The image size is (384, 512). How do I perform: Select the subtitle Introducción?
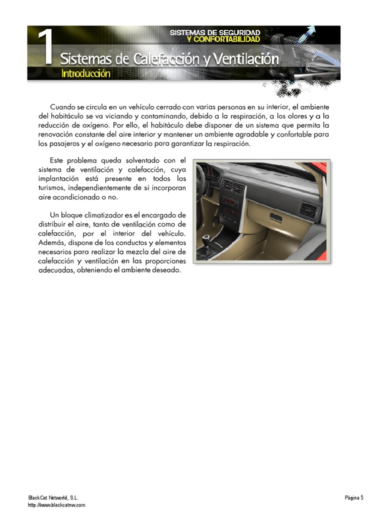tap(85, 73)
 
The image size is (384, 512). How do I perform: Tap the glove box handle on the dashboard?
tap(275, 217)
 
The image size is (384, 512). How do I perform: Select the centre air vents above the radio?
tap(233, 186)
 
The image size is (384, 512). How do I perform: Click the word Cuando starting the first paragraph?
tap(63, 107)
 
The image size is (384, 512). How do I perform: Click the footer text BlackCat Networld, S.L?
tap(53, 498)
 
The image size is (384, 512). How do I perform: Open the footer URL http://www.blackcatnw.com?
tap(56, 505)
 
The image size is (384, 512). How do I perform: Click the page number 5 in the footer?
tap(361, 497)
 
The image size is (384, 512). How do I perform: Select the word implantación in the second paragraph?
tap(58, 178)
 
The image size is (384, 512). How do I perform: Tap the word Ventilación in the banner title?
tap(245, 59)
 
